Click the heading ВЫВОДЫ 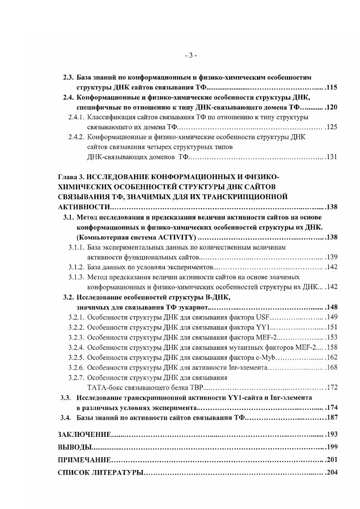pyautogui.click(x=75, y=447)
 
